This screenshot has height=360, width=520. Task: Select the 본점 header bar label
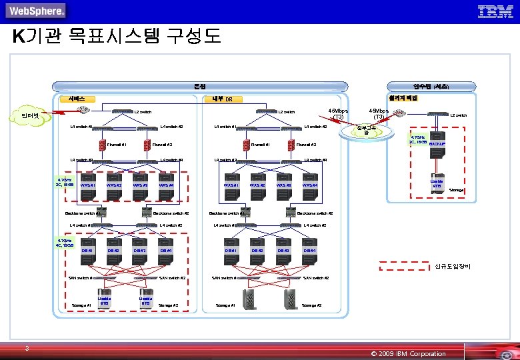[200, 87]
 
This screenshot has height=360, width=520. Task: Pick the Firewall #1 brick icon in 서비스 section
[101, 145]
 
